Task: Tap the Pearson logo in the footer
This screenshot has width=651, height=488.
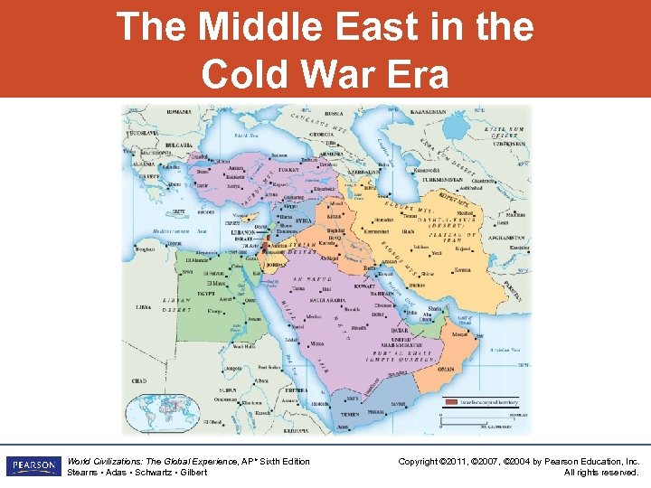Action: [x=33, y=466]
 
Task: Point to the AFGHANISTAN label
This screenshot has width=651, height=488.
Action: [x=512, y=238]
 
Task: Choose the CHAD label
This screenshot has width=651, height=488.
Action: [x=138, y=381]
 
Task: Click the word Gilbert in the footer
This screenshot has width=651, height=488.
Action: [x=193, y=473]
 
